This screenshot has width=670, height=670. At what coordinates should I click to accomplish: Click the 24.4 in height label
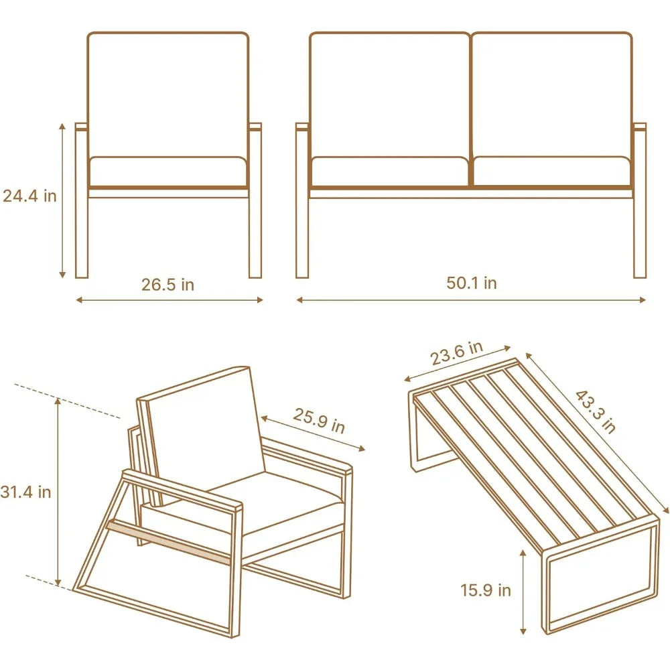(x=29, y=196)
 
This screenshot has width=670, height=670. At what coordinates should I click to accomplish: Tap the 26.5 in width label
(x=167, y=284)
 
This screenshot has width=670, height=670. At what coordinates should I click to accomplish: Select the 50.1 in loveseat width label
(x=472, y=283)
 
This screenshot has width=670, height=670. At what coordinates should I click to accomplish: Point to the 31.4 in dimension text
(x=26, y=492)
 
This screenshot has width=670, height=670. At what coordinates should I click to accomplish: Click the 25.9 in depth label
(x=318, y=420)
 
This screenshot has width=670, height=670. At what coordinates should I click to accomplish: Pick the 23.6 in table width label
(x=456, y=354)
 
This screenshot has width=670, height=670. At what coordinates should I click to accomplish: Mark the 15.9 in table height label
(x=486, y=590)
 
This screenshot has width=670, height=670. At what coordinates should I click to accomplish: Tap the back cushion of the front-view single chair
(x=167, y=94)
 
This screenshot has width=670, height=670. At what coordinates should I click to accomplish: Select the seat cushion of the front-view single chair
(x=167, y=172)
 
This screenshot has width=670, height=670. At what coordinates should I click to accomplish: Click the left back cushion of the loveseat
(x=389, y=94)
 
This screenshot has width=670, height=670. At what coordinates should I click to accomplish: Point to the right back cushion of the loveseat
(x=551, y=94)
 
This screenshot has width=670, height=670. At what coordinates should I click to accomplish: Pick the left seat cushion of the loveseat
(x=389, y=172)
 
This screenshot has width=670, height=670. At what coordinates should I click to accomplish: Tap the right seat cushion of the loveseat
(x=551, y=172)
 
